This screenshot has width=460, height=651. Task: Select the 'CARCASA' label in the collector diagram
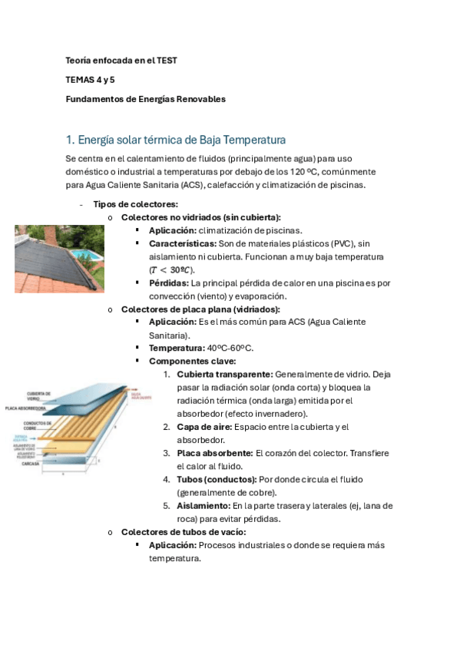31,464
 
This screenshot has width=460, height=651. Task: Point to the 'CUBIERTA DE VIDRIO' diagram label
38,395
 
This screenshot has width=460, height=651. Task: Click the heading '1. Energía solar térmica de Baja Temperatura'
176,140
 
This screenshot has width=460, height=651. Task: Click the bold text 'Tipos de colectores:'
135,204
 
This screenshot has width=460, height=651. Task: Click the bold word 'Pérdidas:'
169,283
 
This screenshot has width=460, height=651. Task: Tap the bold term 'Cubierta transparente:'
224,374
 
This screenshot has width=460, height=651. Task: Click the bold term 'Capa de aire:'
204,427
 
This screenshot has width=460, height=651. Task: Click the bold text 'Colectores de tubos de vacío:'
184,532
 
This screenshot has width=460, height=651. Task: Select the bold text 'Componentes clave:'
193,361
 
